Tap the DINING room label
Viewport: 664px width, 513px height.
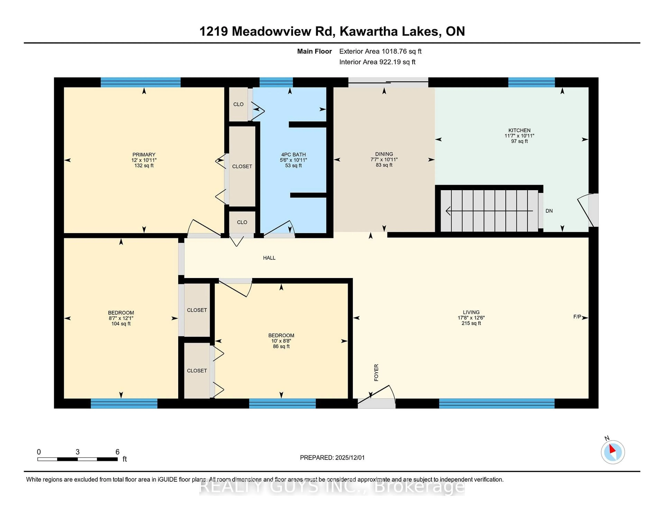[x=384, y=154]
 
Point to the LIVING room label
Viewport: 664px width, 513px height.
[x=471, y=312]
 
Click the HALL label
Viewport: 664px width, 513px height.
[x=269, y=258]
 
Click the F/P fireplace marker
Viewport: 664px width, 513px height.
[x=577, y=317]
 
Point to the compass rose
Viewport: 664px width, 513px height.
[x=613, y=452]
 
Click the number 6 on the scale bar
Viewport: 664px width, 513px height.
[x=117, y=452]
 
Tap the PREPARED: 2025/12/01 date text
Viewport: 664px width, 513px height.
[x=332, y=457]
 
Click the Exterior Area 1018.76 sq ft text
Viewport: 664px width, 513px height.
[x=380, y=51]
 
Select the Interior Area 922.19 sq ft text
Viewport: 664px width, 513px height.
[x=377, y=62]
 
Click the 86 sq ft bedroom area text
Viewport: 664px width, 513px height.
[x=281, y=346]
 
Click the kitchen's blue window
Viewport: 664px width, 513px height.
[x=531, y=82]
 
